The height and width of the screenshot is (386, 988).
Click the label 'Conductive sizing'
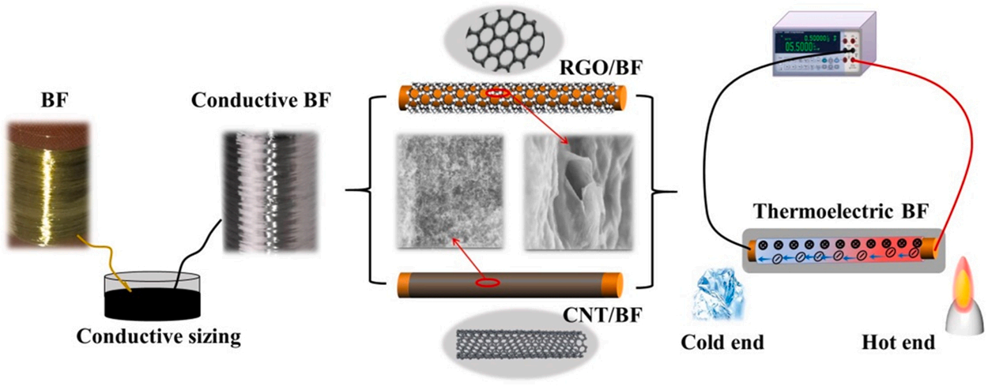(x=158, y=339)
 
